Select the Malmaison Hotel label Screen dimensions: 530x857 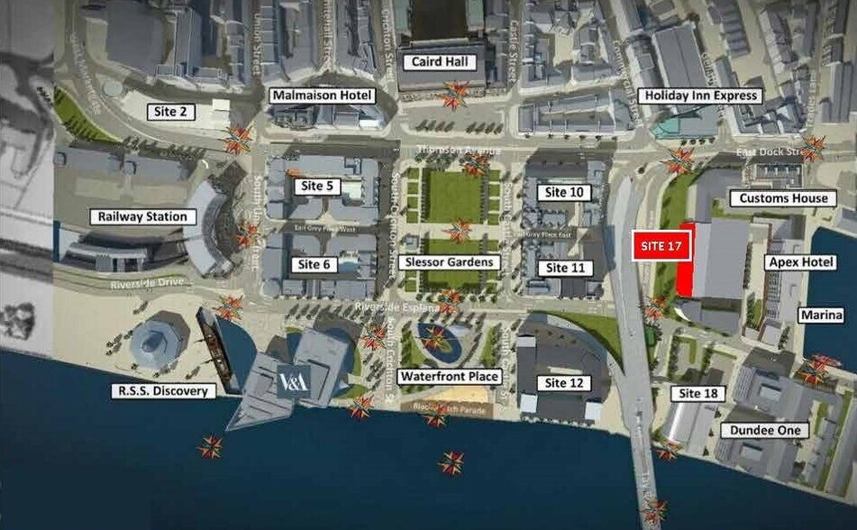point(322,96)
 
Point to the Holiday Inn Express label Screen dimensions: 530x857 point(699,96)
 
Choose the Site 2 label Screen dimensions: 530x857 point(170,112)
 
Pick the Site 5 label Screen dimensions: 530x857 point(315,187)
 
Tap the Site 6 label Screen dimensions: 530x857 point(315,264)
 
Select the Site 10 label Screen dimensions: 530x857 point(565,192)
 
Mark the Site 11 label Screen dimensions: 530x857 point(565,268)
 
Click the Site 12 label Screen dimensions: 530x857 point(566,383)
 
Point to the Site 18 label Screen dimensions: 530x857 point(699,393)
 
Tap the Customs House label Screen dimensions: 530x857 point(783,197)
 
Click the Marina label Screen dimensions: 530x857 point(821,315)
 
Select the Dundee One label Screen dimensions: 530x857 point(765,431)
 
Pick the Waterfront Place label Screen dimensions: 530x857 point(450,376)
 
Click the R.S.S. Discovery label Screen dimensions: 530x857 point(164,391)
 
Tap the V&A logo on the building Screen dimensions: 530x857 point(294,381)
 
